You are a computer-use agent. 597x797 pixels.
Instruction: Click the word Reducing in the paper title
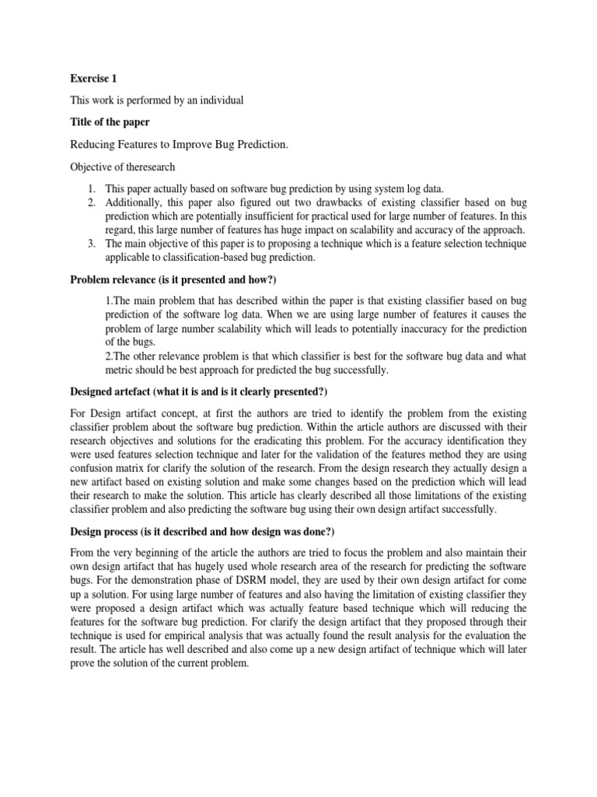pos(95,145)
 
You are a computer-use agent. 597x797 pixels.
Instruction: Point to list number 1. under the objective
pos(91,189)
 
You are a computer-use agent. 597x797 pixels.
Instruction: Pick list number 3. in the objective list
pos(91,244)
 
